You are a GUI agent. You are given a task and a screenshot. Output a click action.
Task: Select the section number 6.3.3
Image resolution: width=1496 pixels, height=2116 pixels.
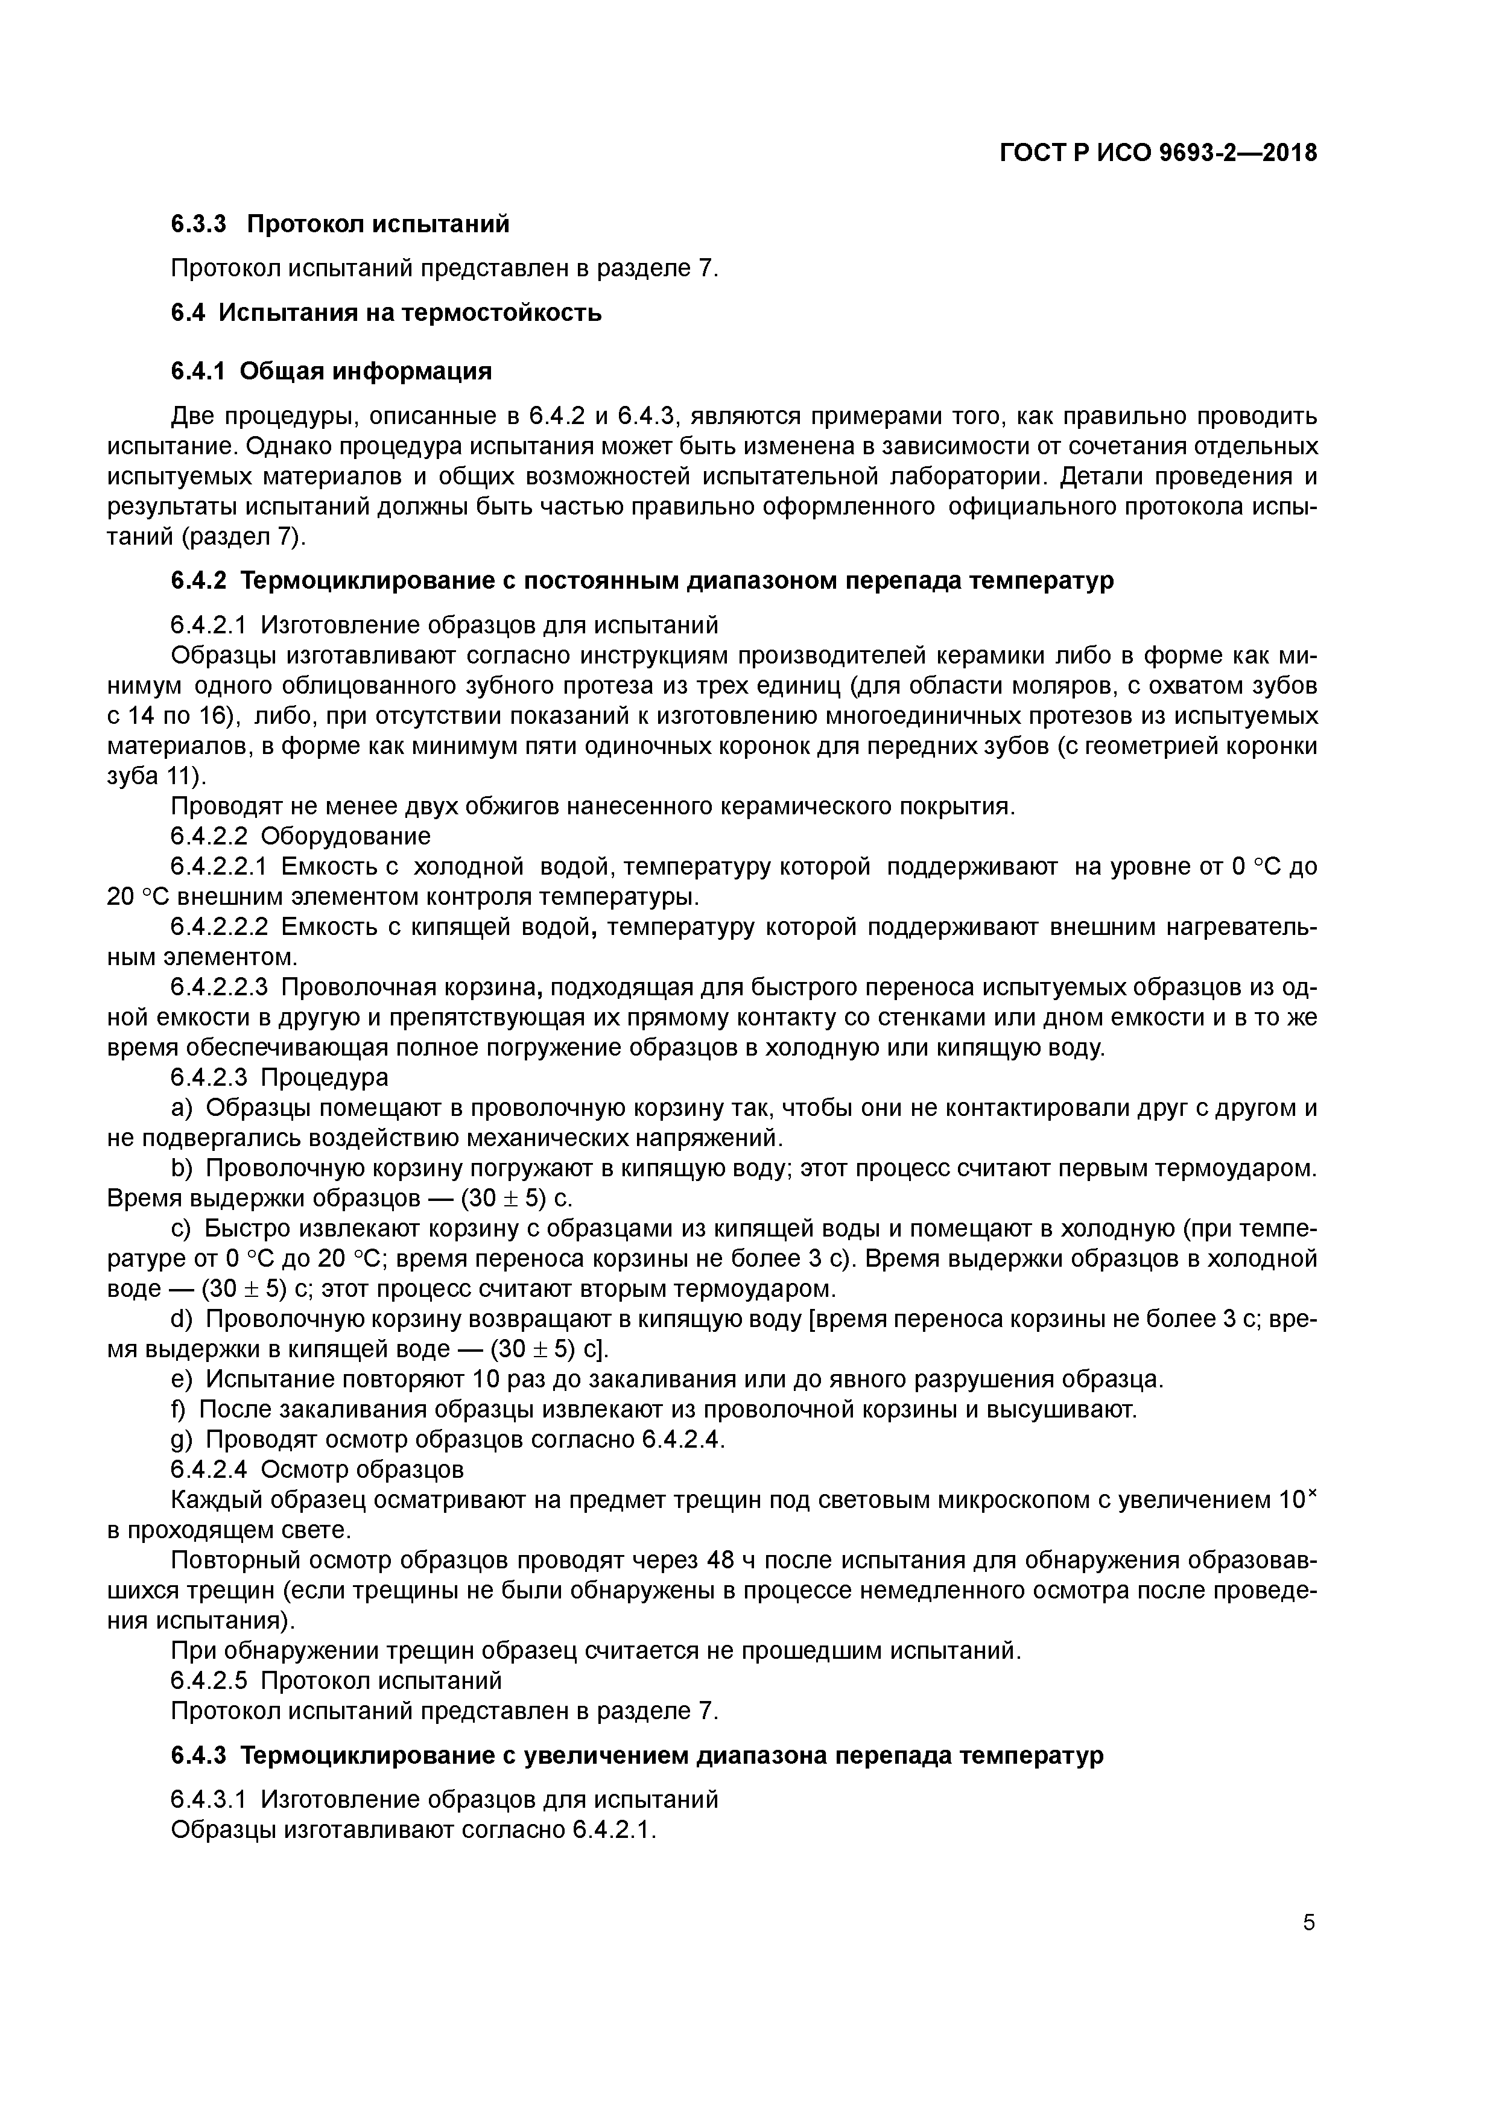198,224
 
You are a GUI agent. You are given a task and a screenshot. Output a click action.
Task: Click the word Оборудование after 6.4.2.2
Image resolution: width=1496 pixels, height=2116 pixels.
346,836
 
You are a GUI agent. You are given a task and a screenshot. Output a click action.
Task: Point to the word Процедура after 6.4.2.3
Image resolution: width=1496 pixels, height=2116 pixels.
325,1077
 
